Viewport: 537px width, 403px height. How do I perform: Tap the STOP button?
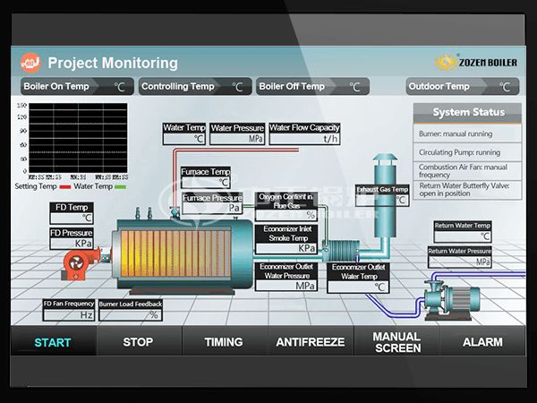click(x=138, y=342)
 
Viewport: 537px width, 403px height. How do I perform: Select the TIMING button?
click(x=224, y=342)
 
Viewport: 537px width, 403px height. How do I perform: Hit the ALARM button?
click(x=482, y=342)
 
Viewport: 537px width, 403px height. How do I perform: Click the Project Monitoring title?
click(x=113, y=64)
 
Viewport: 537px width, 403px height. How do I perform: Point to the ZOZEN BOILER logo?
click(x=474, y=63)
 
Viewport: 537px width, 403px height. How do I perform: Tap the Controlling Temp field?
click(x=193, y=87)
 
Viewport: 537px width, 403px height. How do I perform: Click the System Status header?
click(x=468, y=113)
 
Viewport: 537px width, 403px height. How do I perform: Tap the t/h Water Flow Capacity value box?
click(x=304, y=139)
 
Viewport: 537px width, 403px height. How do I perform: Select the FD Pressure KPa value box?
click(x=72, y=244)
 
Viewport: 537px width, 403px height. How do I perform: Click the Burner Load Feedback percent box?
click(x=131, y=315)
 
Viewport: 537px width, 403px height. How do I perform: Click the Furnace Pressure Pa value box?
click(x=212, y=208)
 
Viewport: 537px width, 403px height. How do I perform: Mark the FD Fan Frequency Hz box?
click(x=69, y=315)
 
